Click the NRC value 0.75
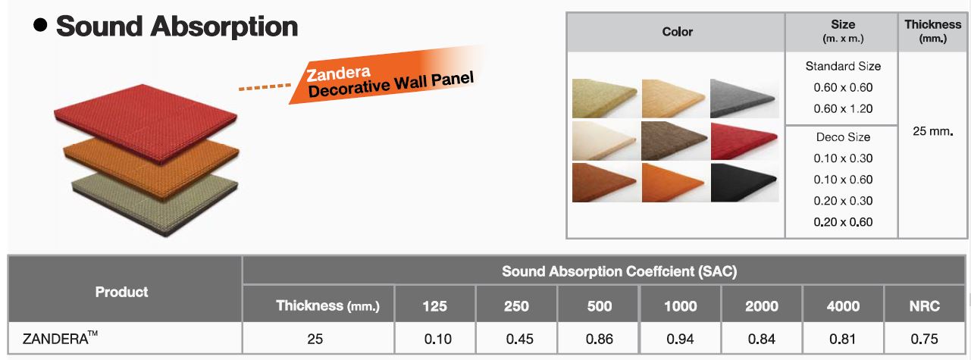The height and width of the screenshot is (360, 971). click(x=924, y=339)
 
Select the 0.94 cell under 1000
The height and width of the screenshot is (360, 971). click(x=680, y=339)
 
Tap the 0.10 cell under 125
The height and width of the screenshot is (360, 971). click(x=438, y=339)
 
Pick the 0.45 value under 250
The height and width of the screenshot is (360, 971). click(x=519, y=339)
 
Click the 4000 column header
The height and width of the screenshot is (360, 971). click(x=843, y=306)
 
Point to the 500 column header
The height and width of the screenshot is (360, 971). click(x=600, y=306)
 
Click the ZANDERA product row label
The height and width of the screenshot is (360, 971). click(x=60, y=337)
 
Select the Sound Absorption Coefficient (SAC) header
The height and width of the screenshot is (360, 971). click(x=619, y=271)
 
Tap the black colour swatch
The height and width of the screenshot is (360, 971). click(x=744, y=183)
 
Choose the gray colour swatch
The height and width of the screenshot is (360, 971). click(x=744, y=99)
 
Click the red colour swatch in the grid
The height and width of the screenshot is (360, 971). click(x=744, y=141)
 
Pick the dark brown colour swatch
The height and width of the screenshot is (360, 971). click(x=674, y=141)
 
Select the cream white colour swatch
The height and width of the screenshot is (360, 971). click(x=605, y=141)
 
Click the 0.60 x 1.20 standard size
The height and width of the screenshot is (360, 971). click(x=843, y=108)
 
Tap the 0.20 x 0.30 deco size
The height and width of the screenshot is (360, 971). click(x=843, y=201)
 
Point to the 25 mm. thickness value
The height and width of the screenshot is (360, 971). click(x=932, y=131)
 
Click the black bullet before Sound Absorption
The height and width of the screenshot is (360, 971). click(x=40, y=25)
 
